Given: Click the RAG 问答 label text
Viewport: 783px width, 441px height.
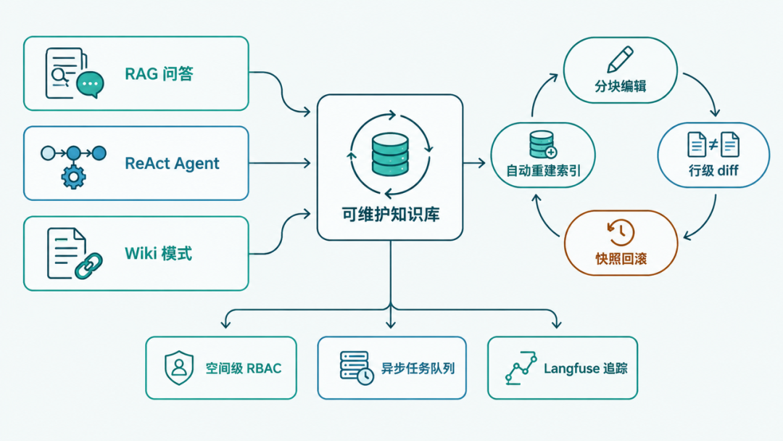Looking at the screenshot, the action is (x=159, y=74).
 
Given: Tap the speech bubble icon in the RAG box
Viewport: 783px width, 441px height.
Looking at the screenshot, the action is (x=91, y=84).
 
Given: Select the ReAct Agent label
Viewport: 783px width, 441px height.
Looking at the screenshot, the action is (x=172, y=163).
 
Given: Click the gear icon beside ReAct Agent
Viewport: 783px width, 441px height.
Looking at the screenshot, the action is (x=73, y=176).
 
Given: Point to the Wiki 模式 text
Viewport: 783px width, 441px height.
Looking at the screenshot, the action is (x=158, y=253).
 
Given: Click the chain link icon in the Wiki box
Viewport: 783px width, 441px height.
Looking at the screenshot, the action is (x=88, y=265).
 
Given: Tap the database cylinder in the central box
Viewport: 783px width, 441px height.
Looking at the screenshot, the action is (x=390, y=154).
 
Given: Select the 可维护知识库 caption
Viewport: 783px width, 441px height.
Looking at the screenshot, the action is (x=391, y=214).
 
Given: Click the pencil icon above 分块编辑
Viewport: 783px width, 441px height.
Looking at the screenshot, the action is (x=620, y=59).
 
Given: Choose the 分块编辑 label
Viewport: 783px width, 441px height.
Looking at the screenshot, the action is (x=620, y=86).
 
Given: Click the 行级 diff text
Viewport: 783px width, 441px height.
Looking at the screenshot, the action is (x=713, y=170).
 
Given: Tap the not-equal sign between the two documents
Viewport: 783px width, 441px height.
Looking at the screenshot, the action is (x=713, y=145).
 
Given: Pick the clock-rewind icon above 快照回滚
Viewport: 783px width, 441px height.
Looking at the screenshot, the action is (x=620, y=232).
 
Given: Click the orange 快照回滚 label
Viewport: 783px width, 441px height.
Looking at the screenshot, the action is (x=621, y=259).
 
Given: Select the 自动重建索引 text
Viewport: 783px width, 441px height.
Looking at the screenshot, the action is (x=543, y=170).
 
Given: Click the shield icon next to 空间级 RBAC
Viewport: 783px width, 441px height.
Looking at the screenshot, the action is (x=179, y=368).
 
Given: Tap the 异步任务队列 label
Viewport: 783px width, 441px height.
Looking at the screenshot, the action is (x=418, y=368).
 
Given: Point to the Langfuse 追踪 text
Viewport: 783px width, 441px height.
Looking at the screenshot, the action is (x=585, y=368).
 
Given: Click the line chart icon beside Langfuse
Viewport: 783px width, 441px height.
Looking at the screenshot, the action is (x=521, y=368).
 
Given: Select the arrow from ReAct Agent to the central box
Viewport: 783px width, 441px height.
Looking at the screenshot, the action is (x=280, y=163).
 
